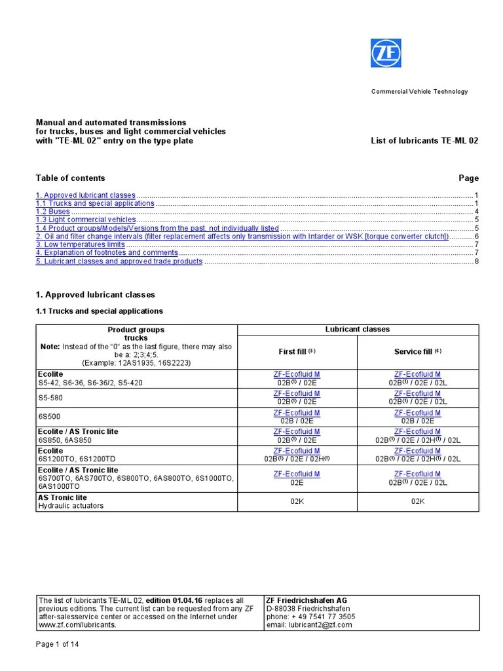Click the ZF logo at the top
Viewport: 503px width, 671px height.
[x=386, y=52]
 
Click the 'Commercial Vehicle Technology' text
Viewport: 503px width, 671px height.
[x=420, y=92]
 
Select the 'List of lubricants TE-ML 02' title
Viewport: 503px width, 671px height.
[x=424, y=141]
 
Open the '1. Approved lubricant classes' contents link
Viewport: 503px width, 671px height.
[x=86, y=195]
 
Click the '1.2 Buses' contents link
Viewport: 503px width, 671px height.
[x=53, y=212]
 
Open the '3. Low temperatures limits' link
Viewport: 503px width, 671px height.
[x=80, y=244]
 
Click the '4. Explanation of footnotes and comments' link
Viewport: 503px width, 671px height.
[x=107, y=252]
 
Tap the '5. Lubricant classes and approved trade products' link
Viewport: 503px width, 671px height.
[x=119, y=261]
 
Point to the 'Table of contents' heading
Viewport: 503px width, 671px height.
[x=70, y=178]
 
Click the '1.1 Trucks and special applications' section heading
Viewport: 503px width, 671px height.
[x=99, y=311]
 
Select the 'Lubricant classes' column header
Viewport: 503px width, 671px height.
[x=357, y=330]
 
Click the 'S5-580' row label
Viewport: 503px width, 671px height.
[x=52, y=397]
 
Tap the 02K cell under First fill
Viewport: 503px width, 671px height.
[x=297, y=501]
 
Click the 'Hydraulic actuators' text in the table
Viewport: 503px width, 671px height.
[x=71, y=506]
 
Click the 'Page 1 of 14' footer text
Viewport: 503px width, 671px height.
[x=58, y=644]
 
